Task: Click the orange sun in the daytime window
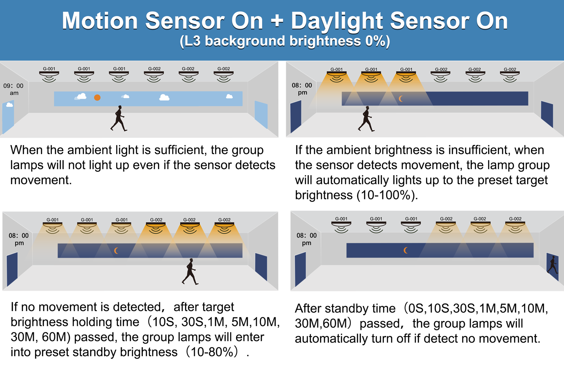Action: tap(97, 97)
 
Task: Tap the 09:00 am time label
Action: tap(13, 89)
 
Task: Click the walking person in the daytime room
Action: tap(118, 118)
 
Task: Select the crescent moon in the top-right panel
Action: tap(401, 99)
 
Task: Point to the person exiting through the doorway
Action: tap(552, 265)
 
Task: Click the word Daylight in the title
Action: tap(337, 21)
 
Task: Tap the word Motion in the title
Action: tap(100, 21)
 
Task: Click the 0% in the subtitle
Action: tap(375, 41)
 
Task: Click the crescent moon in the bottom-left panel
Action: tap(116, 250)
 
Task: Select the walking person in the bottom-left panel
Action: tap(190, 271)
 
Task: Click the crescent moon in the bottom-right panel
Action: tap(405, 250)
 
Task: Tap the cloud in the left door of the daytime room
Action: tap(9, 105)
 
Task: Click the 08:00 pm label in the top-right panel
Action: tap(302, 89)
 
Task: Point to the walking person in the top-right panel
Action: tap(366, 118)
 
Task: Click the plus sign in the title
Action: tap(277, 21)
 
